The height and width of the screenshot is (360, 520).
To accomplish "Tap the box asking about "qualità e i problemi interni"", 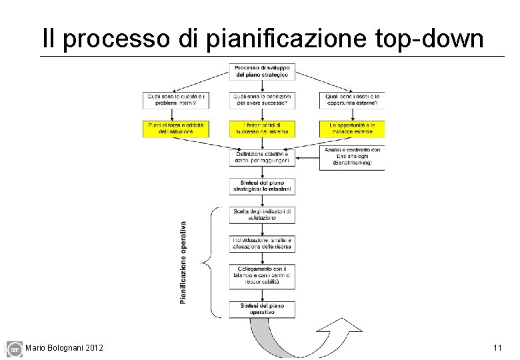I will [176, 100].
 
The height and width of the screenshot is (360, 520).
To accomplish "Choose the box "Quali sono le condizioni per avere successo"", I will [262, 100].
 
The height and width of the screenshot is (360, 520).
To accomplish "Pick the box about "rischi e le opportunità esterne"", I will [351, 100].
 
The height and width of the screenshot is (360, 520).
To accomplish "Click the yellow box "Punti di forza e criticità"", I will [176, 128].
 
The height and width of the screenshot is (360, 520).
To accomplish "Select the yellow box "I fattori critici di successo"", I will [262, 128].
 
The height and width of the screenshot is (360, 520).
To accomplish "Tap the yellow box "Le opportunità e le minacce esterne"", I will [351, 128].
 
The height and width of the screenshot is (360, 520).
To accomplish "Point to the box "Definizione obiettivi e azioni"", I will [262, 157].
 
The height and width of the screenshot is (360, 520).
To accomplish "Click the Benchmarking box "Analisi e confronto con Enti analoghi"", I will [351, 158].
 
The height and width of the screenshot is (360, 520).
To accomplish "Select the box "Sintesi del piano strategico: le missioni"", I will [262, 186].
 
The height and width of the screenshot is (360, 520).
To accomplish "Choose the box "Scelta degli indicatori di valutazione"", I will [262, 214].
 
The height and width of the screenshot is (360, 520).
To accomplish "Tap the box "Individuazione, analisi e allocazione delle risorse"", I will [262, 243].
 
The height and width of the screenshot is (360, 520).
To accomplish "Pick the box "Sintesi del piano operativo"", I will [262, 309].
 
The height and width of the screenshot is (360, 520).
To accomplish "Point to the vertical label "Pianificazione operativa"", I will [183, 262].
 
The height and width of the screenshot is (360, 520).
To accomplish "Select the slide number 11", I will [497, 348].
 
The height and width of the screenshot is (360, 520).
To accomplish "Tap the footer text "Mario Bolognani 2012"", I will [64, 348].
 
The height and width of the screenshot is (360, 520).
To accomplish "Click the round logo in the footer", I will [14, 349].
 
